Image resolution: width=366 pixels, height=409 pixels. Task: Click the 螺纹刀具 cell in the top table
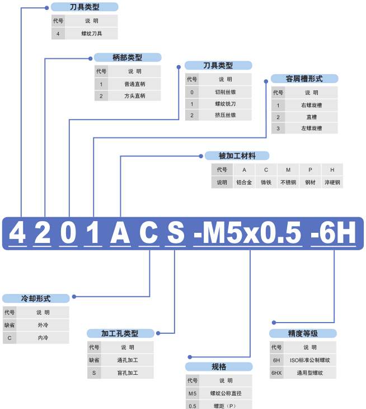pyautogui.click(x=91, y=34)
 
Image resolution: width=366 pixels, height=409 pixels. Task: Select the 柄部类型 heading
pyautogui.click(x=128, y=57)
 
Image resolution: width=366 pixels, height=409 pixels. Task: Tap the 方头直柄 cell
pyautogui.click(x=134, y=96)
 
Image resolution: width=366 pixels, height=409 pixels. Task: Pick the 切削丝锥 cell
pyautogui.click(x=225, y=92)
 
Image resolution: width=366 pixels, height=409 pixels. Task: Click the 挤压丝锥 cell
pyautogui.click(x=225, y=115)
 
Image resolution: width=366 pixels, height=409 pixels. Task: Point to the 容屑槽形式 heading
pyautogui.click(x=304, y=79)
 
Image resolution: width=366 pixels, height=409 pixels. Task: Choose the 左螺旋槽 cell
pyautogui.click(x=311, y=128)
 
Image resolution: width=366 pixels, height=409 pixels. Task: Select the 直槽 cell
pyautogui.click(x=311, y=117)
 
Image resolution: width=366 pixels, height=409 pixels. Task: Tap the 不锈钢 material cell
pyautogui.click(x=288, y=182)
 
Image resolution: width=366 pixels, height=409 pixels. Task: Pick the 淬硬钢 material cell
pyautogui.click(x=332, y=182)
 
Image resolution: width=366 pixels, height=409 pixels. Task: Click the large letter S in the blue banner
pyautogui.click(x=176, y=233)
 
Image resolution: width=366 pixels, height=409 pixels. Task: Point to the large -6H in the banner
pyautogui.click(x=334, y=233)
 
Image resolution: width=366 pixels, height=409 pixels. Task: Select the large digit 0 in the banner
pyautogui.click(x=68, y=233)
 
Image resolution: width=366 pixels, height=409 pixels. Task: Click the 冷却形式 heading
pyautogui.click(x=36, y=298)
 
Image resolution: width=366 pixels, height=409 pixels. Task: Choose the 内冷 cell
pyautogui.click(x=43, y=338)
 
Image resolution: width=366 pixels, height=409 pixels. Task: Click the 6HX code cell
pyautogui.click(x=276, y=373)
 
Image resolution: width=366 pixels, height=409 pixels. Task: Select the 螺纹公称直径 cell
pyautogui.click(x=226, y=393)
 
